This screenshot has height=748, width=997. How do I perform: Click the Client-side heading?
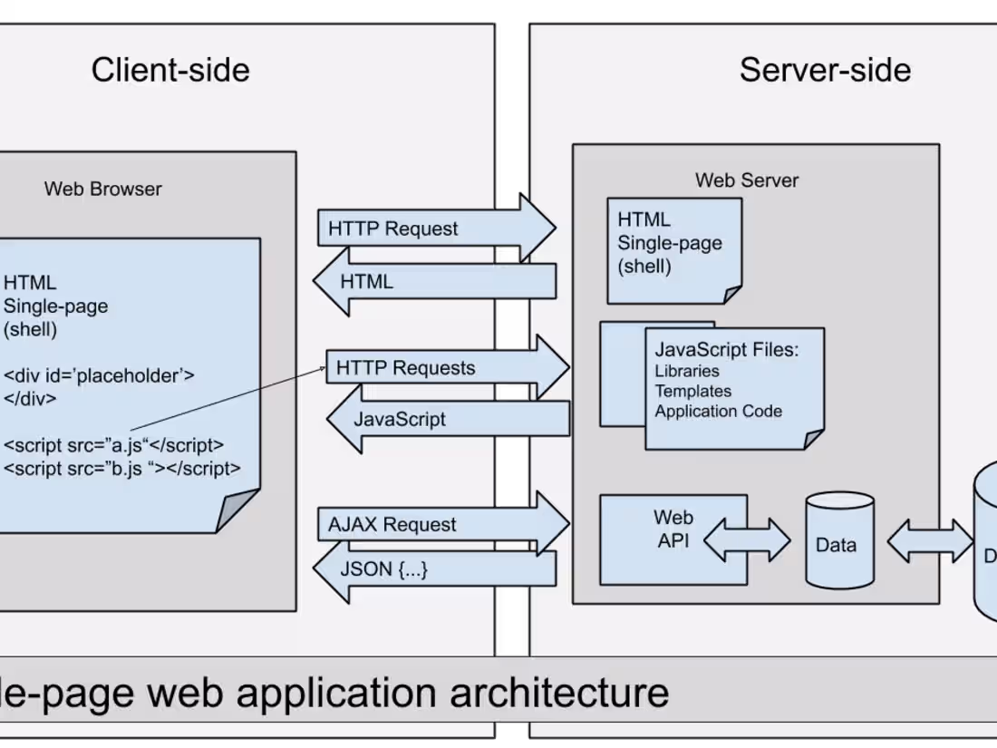170,70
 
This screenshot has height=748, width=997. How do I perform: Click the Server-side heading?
825,70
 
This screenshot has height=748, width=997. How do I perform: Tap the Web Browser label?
103,189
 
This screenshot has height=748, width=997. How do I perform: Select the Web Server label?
747,180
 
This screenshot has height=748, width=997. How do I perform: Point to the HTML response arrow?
435,281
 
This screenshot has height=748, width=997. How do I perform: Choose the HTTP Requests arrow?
444,368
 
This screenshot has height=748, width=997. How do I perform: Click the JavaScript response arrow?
449,419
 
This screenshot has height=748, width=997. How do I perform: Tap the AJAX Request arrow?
440,524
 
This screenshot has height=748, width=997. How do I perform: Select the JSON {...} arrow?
435,569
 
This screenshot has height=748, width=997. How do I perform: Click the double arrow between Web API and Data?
747,540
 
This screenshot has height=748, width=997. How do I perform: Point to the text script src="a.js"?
113,445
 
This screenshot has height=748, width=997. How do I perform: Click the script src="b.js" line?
122,469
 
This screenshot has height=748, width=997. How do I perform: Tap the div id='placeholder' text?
99,374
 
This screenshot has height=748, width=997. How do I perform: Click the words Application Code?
718,411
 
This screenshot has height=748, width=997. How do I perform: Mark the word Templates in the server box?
692,391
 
